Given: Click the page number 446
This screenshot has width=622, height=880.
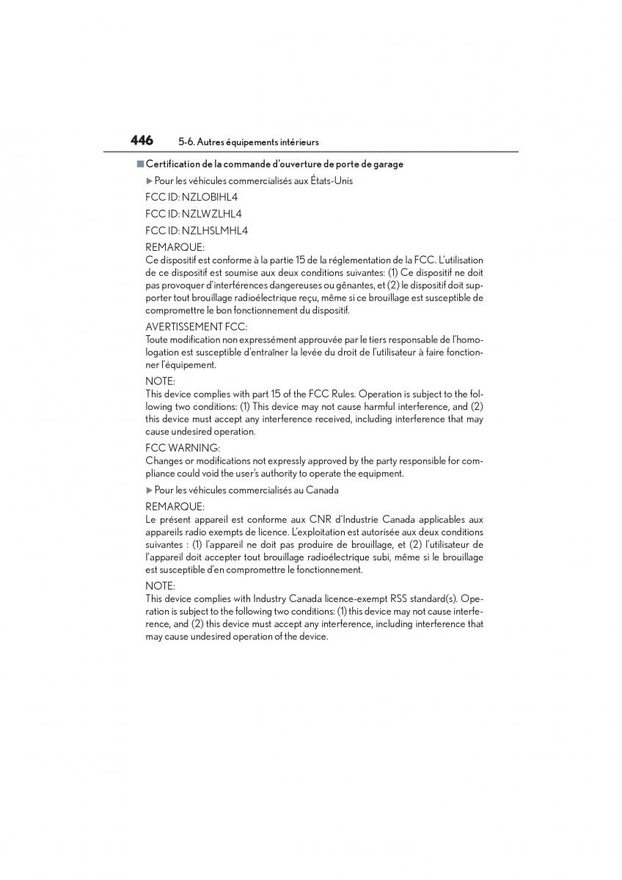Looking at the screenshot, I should [x=142, y=140].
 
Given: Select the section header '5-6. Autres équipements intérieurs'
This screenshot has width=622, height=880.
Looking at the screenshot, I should [x=248, y=142].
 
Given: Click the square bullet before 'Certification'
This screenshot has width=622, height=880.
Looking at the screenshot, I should [x=139, y=164].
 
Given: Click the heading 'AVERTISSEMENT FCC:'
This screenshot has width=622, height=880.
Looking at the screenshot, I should [x=196, y=326].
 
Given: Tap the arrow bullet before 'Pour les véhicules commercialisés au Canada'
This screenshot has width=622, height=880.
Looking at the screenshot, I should [x=149, y=491].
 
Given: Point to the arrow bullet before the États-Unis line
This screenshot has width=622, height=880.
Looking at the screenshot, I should [x=149, y=181].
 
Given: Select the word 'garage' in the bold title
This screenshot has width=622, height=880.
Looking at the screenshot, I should [x=388, y=164].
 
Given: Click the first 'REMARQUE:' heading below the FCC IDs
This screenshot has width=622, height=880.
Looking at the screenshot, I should [x=175, y=248].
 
